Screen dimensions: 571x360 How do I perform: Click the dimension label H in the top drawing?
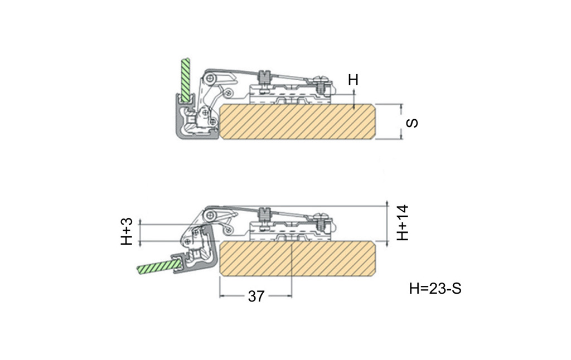point(353,79)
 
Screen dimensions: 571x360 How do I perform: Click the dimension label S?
point(412,123)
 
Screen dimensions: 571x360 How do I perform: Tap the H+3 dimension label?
point(127,231)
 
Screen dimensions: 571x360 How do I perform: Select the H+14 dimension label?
point(403,223)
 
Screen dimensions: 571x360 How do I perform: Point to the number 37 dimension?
point(255,296)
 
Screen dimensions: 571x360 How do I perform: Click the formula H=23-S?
point(435,288)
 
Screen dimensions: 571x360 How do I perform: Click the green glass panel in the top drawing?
point(186,80)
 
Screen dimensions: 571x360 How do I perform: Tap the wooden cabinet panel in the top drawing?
point(298,121)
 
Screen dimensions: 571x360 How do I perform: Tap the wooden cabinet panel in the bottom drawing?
point(298,259)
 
